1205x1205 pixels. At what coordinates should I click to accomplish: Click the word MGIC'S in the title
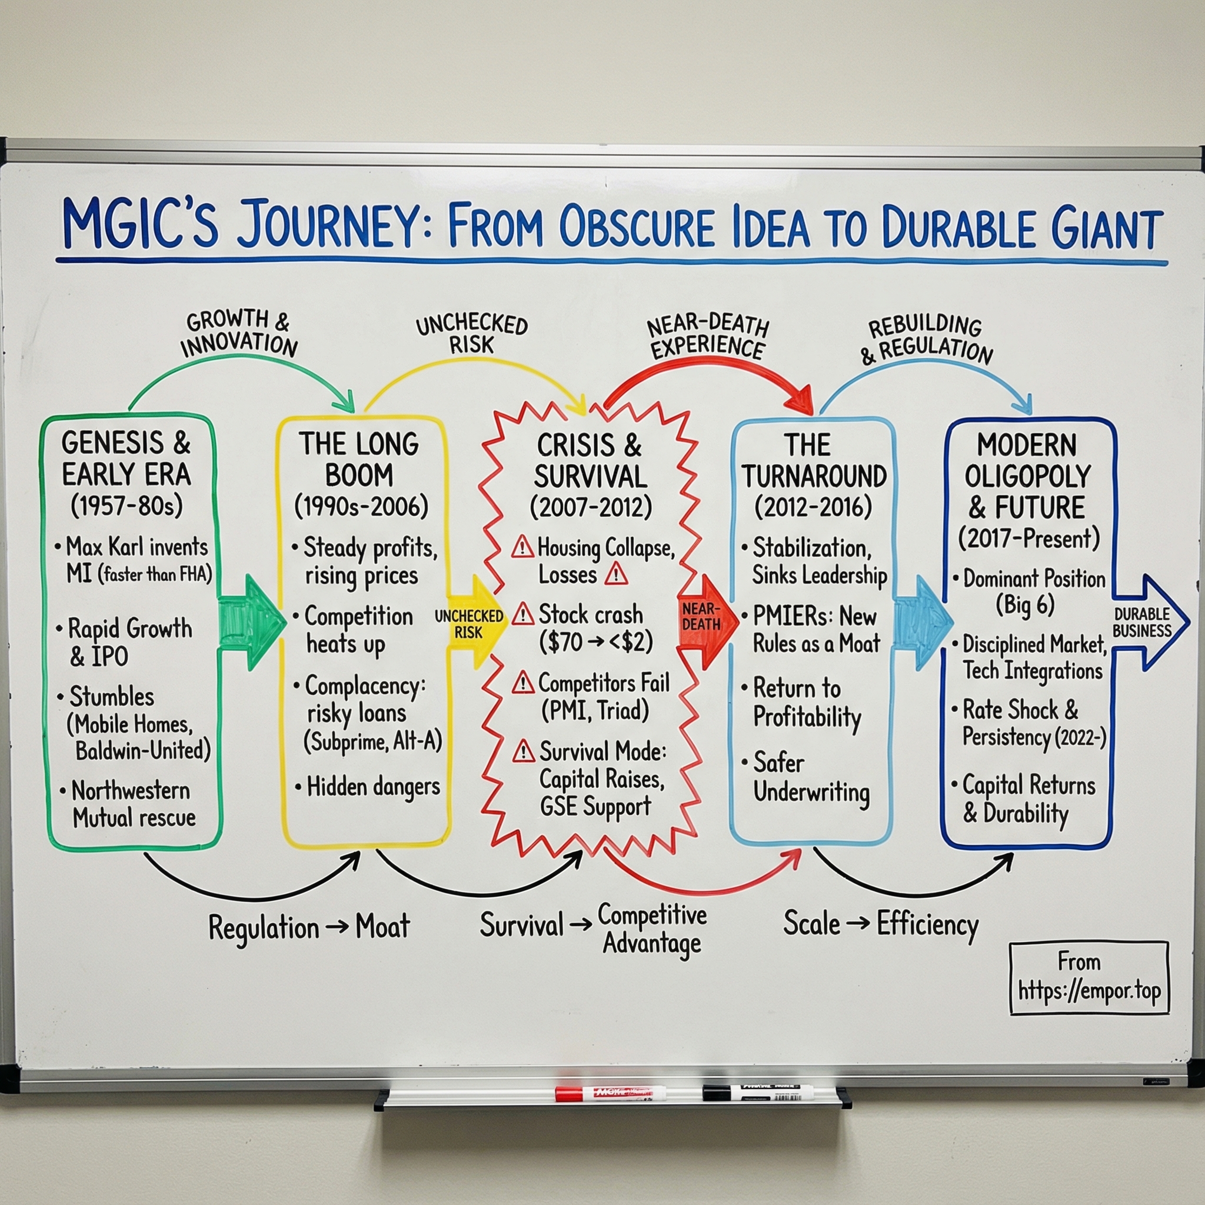141,226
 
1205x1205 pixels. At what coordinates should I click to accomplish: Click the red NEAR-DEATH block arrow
704,621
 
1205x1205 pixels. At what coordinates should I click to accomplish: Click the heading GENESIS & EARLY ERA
126,458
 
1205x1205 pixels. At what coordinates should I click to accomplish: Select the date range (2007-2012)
591,508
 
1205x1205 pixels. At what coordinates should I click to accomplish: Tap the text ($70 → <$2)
595,643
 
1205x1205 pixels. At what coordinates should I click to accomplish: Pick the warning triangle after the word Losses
616,574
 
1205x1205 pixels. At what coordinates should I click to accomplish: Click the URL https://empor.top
1089,991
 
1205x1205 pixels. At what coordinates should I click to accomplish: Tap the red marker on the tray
610,1094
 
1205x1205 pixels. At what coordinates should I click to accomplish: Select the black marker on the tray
758,1093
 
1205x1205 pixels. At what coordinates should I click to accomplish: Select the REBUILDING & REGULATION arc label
927,339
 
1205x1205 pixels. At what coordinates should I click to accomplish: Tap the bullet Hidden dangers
373,787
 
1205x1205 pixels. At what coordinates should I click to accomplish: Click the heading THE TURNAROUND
813,461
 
